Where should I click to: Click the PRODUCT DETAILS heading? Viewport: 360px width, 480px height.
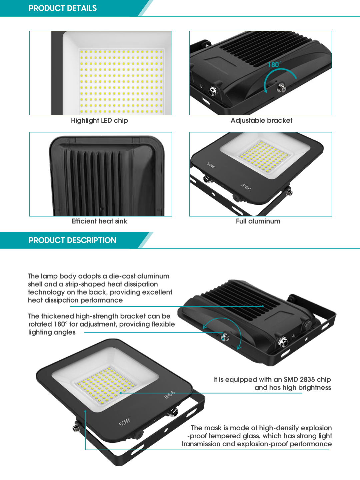click(x=63, y=8)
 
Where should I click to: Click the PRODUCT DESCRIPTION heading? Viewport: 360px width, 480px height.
click(x=73, y=240)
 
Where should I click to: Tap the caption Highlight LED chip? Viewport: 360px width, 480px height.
click(x=99, y=120)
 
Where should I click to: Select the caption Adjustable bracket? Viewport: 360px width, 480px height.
click(x=261, y=120)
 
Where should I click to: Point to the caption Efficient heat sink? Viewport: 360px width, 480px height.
click(x=99, y=221)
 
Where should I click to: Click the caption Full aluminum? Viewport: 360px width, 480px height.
click(x=258, y=221)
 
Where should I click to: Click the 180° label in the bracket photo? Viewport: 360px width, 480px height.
click(x=274, y=64)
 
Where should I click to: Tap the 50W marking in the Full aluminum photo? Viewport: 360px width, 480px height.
click(x=211, y=165)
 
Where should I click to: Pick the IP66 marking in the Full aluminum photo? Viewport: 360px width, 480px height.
click(x=246, y=187)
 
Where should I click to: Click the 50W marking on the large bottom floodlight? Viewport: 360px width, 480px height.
click(x=124, y=422)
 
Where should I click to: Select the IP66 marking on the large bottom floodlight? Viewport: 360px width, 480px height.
click(x=170, y=395)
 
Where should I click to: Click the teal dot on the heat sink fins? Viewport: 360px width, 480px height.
click(x=263, y=306)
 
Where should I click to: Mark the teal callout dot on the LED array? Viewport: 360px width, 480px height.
click(x=121, y=393)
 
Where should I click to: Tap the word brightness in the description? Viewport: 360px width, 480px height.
click(x=315, y=388)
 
